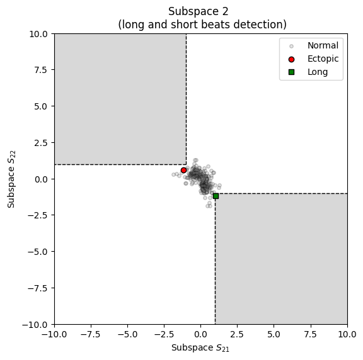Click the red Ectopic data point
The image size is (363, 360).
(183, 170)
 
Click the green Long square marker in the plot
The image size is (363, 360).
(216, 196)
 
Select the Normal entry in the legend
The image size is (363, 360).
(323, 45)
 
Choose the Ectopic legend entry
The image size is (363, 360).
(323, 59)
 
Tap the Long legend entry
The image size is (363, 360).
(317, 72)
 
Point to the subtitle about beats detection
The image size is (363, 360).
(202, 25)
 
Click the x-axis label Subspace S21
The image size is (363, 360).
(200, 347)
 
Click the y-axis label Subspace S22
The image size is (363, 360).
(11, 179)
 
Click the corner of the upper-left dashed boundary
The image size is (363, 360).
(186, 164)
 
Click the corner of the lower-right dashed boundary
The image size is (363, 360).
(215, 193)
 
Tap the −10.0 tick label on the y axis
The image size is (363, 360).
(37, 324)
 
